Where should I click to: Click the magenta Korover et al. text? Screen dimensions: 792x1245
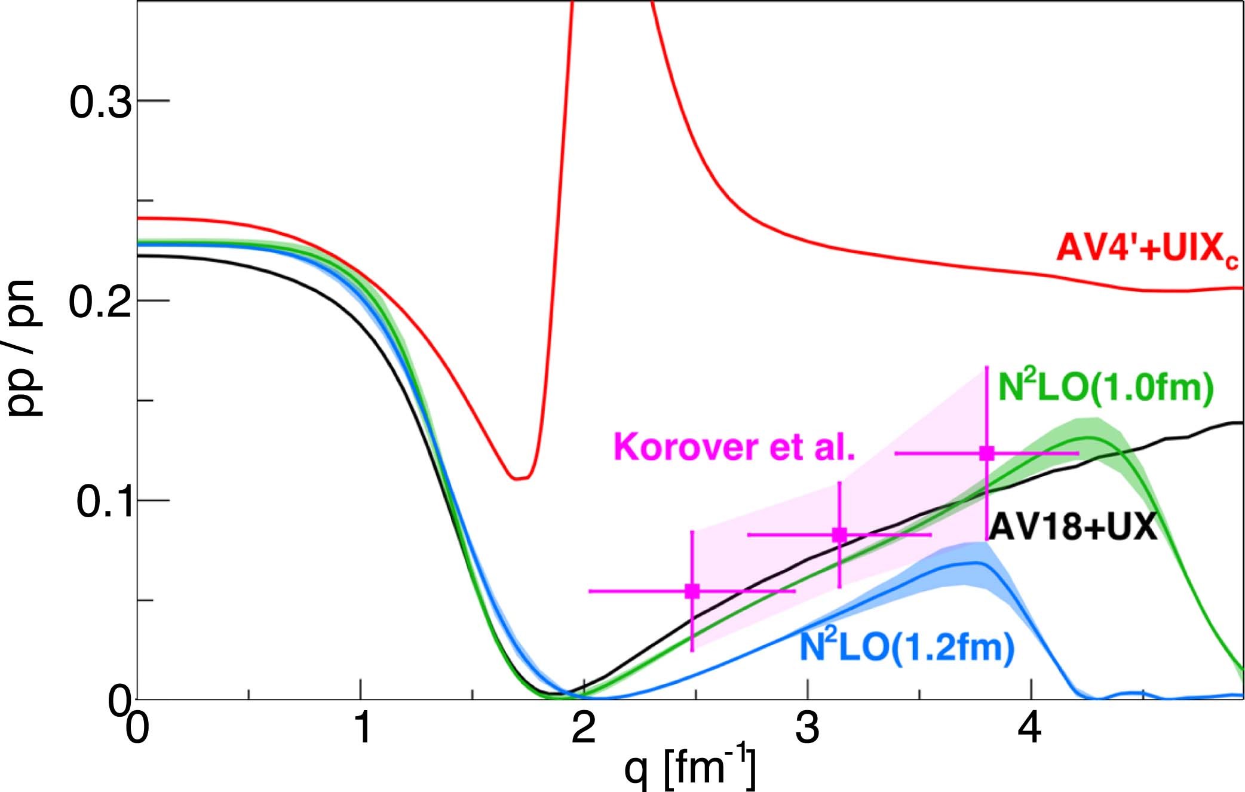[x=734, y=446]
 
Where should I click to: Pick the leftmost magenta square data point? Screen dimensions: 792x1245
[x=692, y=591]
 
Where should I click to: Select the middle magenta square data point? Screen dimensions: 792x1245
[x=839, y=535]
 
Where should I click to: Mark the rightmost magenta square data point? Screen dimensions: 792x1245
[x=986, y=453]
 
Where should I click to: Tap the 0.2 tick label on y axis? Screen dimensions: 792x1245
[x=100, y=302]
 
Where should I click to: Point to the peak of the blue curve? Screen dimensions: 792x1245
[x=977, y=563]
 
